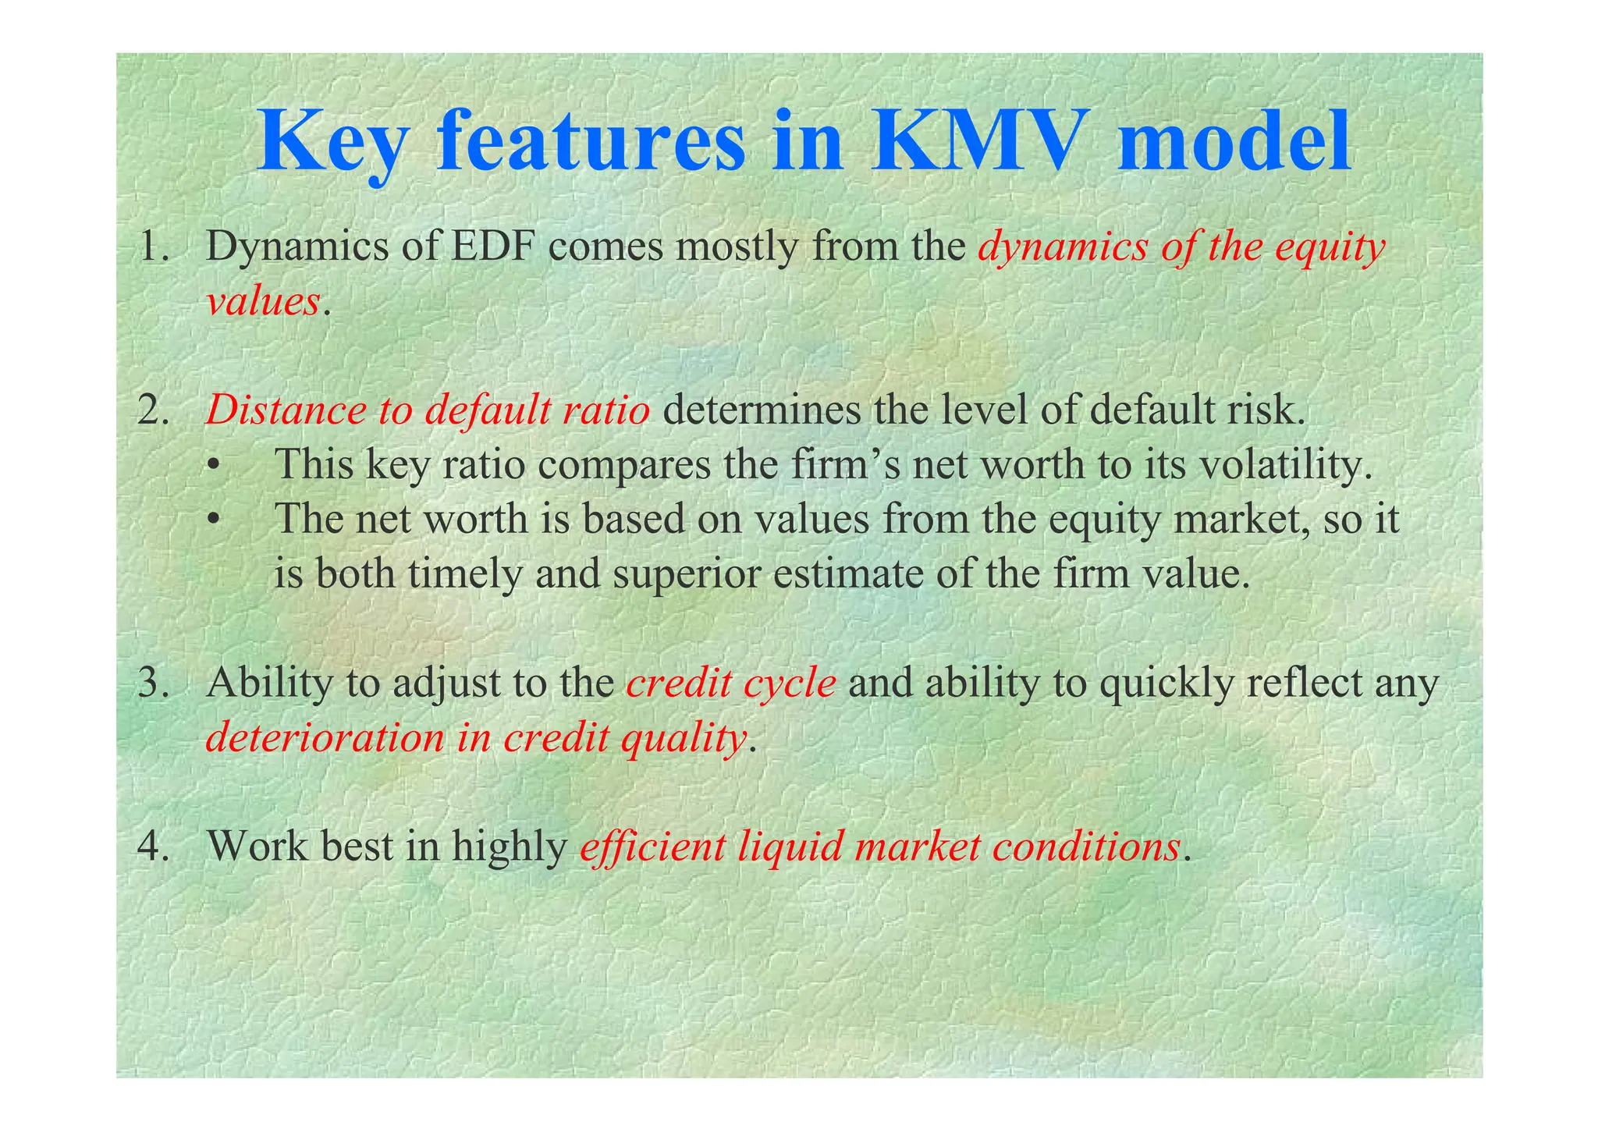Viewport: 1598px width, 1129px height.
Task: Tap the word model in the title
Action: click(x=1233, y=143)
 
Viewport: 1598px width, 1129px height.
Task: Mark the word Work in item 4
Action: click(x=257, y=846)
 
